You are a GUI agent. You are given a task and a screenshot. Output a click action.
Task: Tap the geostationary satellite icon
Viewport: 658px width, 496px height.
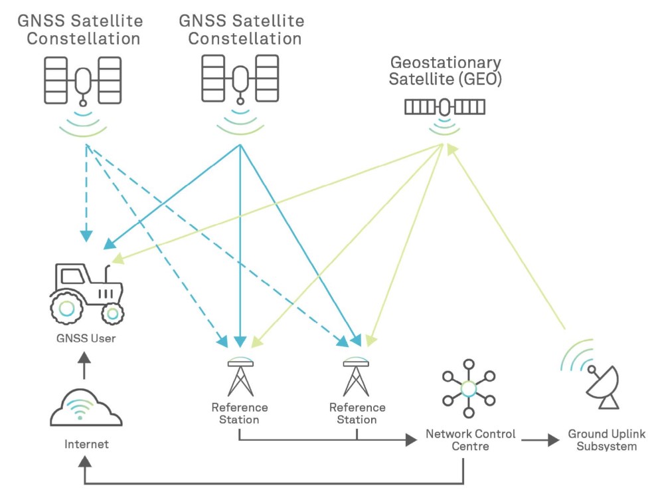[x=445, y=106]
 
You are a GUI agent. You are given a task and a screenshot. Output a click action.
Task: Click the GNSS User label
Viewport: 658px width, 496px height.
[x=86, y=338]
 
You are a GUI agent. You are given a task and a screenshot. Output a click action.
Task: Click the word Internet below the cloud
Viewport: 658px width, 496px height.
[x=86, y=443]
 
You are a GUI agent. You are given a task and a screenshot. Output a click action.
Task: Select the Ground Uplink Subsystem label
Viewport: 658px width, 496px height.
[x=606, y=439]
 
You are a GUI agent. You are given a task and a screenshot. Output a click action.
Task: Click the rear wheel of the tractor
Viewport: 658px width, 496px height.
[x=67, y=307]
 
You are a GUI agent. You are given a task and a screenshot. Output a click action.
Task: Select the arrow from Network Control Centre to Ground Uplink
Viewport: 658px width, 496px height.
[x=539, y=439]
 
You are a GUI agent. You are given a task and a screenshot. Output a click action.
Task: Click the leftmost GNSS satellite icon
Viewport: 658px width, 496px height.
[x=82, y=81]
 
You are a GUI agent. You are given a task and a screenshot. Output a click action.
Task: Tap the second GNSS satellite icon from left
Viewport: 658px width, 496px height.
[x=240, y=80]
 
